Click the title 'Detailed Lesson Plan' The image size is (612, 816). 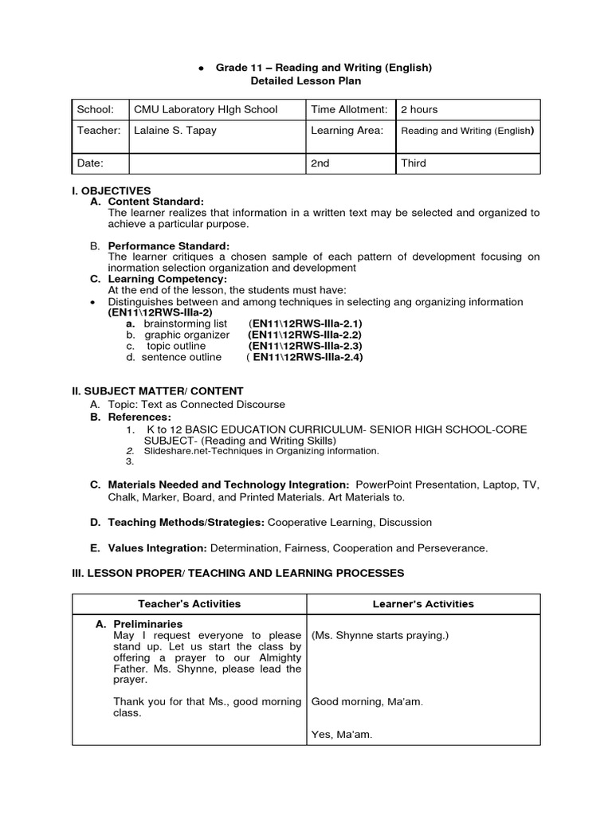(306, 81)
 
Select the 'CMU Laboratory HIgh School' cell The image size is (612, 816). (206, 109)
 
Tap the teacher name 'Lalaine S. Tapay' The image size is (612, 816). (175, 130)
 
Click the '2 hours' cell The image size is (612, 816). (419, 109)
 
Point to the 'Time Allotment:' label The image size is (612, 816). (349, 109)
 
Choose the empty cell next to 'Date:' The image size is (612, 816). (216, 163)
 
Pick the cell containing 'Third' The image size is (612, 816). (414, 163)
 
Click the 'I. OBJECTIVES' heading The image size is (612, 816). (111, 191)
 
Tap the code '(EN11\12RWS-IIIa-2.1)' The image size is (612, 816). (305, 324)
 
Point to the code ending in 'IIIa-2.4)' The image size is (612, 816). (306, 357)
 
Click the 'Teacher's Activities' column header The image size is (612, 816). (189, 604)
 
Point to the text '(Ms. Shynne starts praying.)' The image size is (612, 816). (380, 635)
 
